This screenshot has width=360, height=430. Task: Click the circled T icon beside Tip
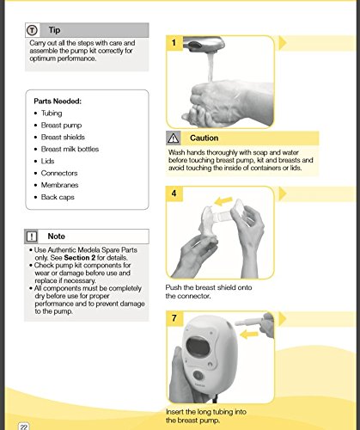point(32,29)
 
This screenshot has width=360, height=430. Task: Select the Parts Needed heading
point(58,100)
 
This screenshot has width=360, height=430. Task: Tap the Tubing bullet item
point(52,113)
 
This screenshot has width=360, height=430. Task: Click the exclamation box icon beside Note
point(33,235)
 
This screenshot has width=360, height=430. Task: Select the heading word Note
point(57,235)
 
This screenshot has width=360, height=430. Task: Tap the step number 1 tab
point(174,41)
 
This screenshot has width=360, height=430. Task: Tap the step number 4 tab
point(174,194)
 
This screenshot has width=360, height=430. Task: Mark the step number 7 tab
point(174,318)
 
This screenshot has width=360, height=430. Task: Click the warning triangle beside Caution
point(175,138)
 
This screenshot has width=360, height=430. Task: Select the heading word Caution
point(204,138)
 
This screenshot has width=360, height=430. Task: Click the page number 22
point(23,425)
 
